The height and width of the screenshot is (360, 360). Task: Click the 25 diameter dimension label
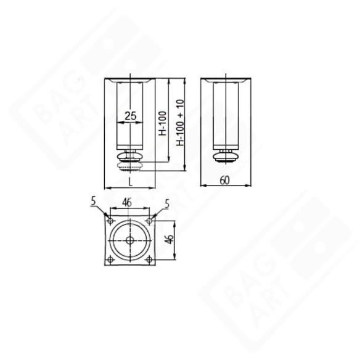130,115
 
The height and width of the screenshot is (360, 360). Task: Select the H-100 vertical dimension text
162,123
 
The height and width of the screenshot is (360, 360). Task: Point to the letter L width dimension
130,181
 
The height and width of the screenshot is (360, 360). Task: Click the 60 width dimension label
226,180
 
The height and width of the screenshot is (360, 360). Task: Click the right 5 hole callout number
167,202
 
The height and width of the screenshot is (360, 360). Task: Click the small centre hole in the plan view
129,240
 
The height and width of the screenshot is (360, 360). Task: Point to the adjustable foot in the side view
226,157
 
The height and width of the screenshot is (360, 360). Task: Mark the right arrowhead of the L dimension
154,187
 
